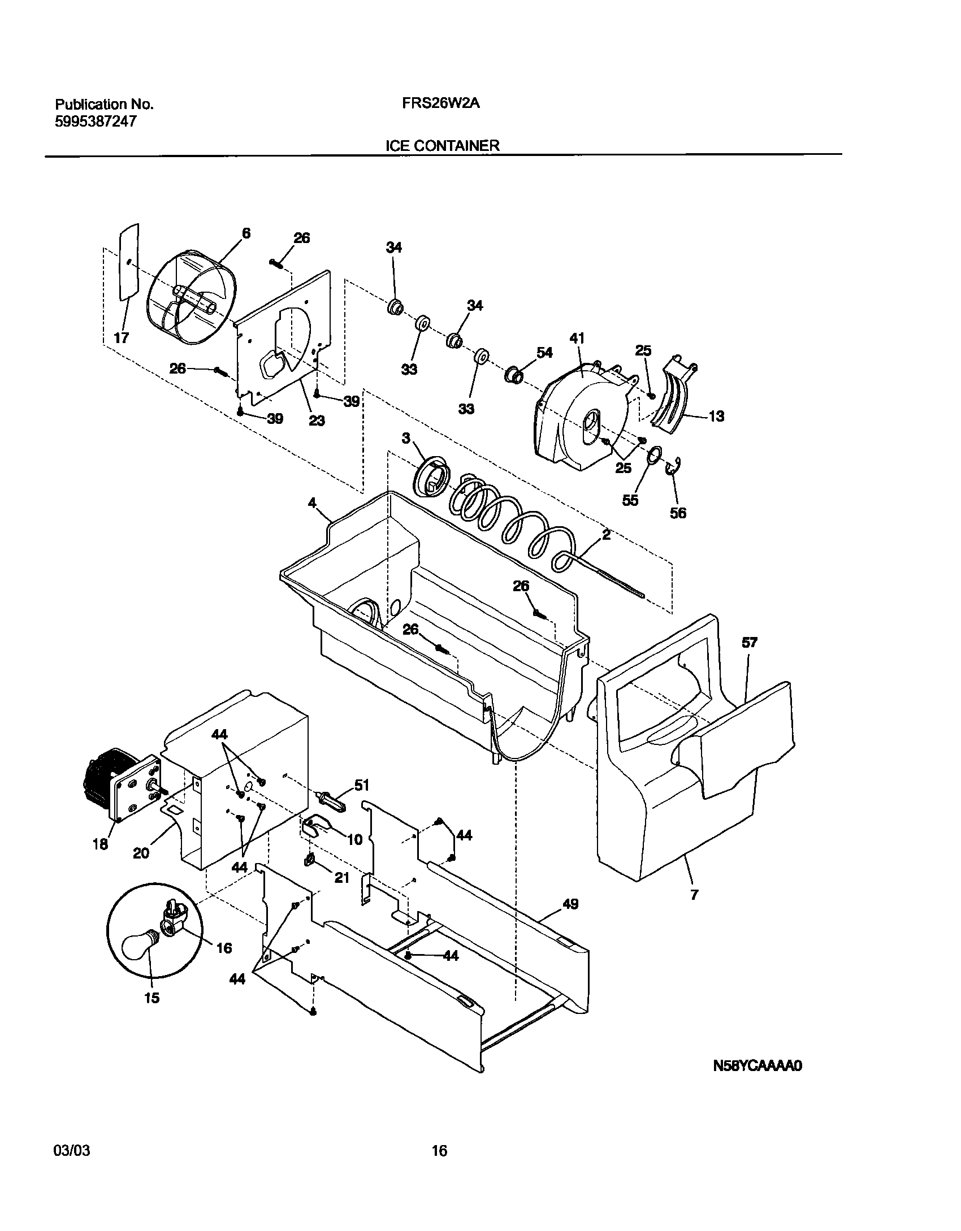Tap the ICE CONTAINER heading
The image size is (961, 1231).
point(442,146)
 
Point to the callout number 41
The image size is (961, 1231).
point(577,339)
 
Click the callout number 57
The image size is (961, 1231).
point(750,643)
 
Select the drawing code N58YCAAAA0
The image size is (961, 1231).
point(757,1067)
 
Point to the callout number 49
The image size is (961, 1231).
point(570,904)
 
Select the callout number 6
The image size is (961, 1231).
point(246,233)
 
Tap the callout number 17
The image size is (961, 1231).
point(121,339)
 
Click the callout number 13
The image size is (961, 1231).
point(716,417)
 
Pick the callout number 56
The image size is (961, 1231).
point(678,513)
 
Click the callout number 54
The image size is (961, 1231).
point(544,353)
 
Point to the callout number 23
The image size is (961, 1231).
point(317,421)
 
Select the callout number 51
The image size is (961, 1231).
point(362,785)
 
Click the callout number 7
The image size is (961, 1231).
point(694,895)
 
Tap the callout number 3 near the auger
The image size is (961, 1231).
point(406,438)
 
